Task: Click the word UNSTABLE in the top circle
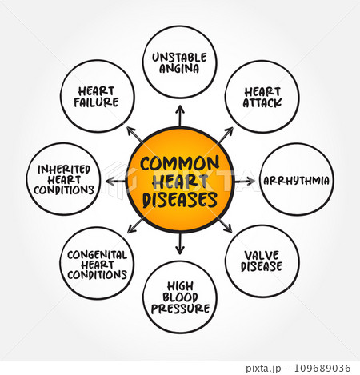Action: (x=179, y=58)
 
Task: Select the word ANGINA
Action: (x=179, y=69)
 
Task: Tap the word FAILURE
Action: (x=96, y=102)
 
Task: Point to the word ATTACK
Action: (x=262, y=103)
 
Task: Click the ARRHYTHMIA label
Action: (x=296, y=181)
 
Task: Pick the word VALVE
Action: (x=262, y=256)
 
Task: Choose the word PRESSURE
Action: (x=180, y=309)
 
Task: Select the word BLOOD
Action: (x=180, y=297)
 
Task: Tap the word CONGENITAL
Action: (x=97, y=255)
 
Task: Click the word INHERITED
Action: (x=64, y=170)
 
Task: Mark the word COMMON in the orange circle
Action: (x=179, y=163)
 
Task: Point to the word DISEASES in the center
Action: (x=180, y=200)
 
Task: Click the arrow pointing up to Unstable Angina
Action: (x=180, y=115)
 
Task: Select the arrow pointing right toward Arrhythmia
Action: (x=245, y=182)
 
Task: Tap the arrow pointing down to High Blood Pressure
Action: (x=180, y=244)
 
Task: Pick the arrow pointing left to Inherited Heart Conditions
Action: (x=116, y=182)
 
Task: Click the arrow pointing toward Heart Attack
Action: (x=226, y=135)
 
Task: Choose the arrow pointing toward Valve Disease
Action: (x=226, y=225)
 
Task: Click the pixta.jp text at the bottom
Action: (x=263, y=369)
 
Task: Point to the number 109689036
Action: (x=322, y=368)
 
